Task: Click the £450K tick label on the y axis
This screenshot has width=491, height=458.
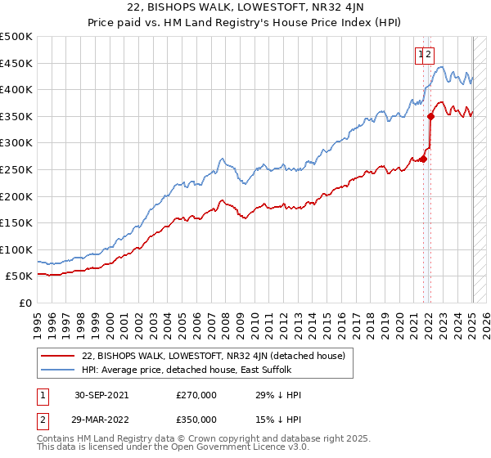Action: [x=16, y=63]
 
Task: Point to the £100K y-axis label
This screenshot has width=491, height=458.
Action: [x=16, y=249]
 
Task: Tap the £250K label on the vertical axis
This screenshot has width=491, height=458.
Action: [x=16, y=169]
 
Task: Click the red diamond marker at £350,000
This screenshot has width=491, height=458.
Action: [x=430, y=116]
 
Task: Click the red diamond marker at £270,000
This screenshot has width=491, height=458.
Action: [x=424, y=159]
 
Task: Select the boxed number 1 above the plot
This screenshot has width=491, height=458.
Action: [x=421, y=55]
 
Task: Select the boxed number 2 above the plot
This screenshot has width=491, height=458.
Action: [x=429, y=55]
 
